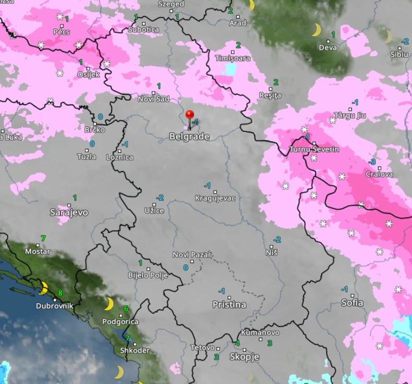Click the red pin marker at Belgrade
[190, 115]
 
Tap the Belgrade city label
[189, 137]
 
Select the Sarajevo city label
[69, 212]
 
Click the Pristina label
[229, 305]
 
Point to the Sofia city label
[352, 303]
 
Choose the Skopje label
[244, 357]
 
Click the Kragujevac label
[215, 198]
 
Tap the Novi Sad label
[153, 99]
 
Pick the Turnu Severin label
[314, 150]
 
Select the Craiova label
[379, 174]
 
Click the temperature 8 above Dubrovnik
[60, 293]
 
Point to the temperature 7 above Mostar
[43, 238]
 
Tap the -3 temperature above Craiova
[372, 162]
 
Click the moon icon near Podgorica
[109, 304]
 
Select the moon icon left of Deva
[316, 30]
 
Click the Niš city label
[272, 253]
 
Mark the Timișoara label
[233, 58]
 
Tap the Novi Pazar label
[192, 255]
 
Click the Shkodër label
[135, 351]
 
